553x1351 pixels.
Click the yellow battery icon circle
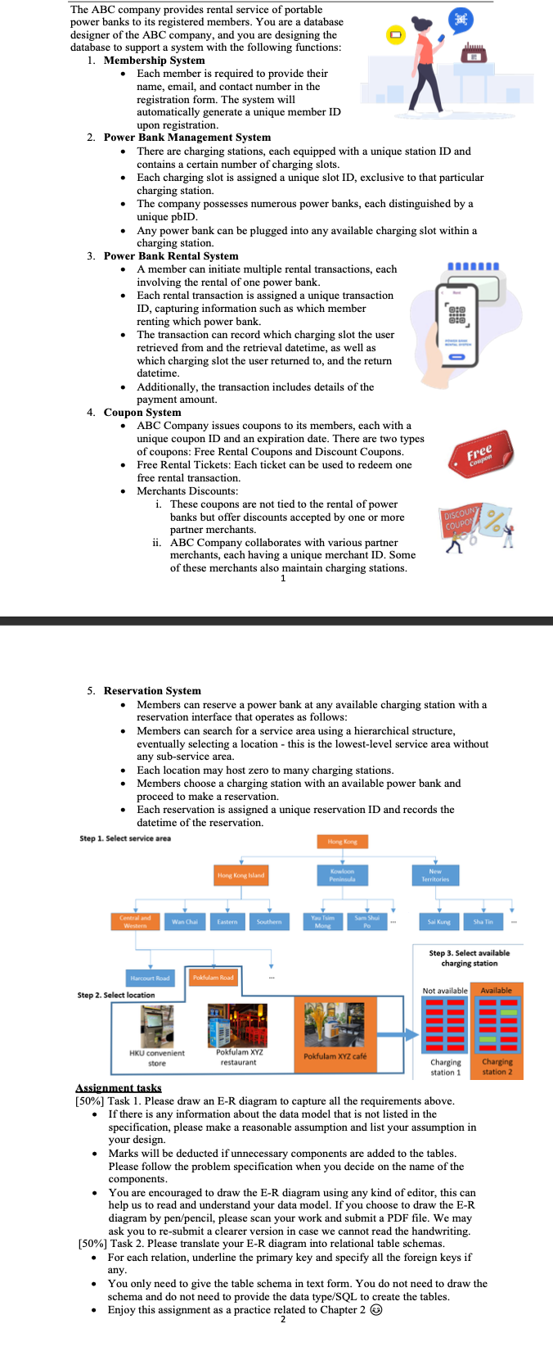click(x=395, y=35)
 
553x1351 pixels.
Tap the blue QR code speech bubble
click(x=460, y=20)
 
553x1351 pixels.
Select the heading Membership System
click(x=154, y=60)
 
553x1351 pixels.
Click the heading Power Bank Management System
click(x=187, y=138)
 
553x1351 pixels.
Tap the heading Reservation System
click(x=152, y=691)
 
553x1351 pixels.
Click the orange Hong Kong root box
click(x=342, y=841)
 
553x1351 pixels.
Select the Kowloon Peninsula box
click(x=341, y=875)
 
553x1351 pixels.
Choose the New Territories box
click(x=435, y=875)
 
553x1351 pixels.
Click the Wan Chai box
click(x=184, y=922)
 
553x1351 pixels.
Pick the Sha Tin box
click(x=483, y=922)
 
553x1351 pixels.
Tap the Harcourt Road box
click(x=150, y=978)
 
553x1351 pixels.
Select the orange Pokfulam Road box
click(x=213, y=978)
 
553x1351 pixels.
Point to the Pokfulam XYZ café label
click(x=335, y=1056)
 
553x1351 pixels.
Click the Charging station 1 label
click(x=446, y=1067)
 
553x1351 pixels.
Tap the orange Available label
click(x=496, y=991)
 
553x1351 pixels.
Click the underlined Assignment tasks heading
click(x=119, y=1088)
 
